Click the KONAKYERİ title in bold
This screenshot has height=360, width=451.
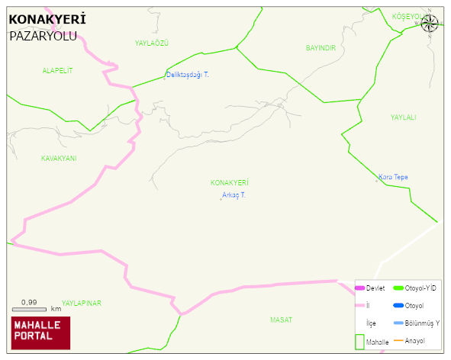pos(47,19)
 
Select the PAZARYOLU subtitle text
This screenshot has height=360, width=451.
pos(43,35)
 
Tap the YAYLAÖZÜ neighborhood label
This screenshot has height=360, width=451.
pos(151,43)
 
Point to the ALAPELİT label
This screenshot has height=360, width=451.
pos(57,70)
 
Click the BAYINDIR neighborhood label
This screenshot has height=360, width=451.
pos(321,48)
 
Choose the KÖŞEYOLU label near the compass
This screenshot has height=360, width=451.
pos(406,16)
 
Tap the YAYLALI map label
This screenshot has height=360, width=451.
pos(403,117)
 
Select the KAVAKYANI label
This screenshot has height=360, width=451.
pos(59,159)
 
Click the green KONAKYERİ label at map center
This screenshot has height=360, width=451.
pos(230,183)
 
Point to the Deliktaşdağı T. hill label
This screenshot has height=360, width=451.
pos(187,75)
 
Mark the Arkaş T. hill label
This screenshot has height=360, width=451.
pos(234,195)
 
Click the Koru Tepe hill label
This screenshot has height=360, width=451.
pos(393,177)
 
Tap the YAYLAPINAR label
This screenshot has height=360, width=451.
pos(82,303)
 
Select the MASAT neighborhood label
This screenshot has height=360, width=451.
pos(281,320)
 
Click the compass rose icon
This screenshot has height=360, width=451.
pos(430,24)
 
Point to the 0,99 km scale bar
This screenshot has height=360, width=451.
pos(35,308)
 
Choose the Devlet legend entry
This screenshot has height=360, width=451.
pos(370,288)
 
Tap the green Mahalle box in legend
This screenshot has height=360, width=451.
pos(360,341)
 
